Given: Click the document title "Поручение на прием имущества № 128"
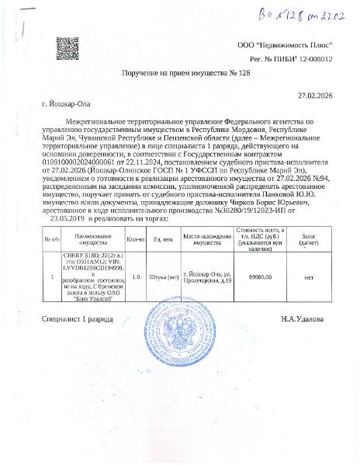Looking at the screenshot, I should click(x=180, y=71).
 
